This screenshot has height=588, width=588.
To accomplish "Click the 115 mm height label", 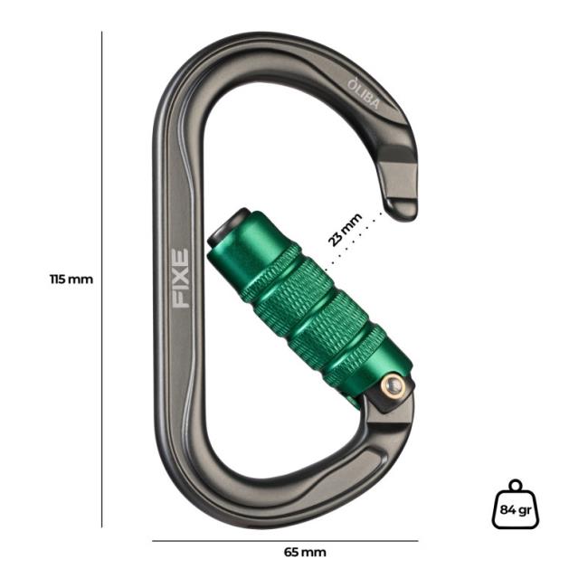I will coord(71,280).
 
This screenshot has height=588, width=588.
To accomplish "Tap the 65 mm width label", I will coord(305,552).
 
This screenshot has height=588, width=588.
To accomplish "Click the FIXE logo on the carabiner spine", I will coord(181,279).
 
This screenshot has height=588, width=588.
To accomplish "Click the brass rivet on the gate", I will coord(391,385).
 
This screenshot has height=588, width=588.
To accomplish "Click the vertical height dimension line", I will coord(102,280).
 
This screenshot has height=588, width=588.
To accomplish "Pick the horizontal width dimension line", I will coord(285,541).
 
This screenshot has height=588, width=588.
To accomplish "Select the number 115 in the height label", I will coord(60,280).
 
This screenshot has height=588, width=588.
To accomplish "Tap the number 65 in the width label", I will coord(293,552).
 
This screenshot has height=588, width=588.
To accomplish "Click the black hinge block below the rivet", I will coord(384,404).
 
